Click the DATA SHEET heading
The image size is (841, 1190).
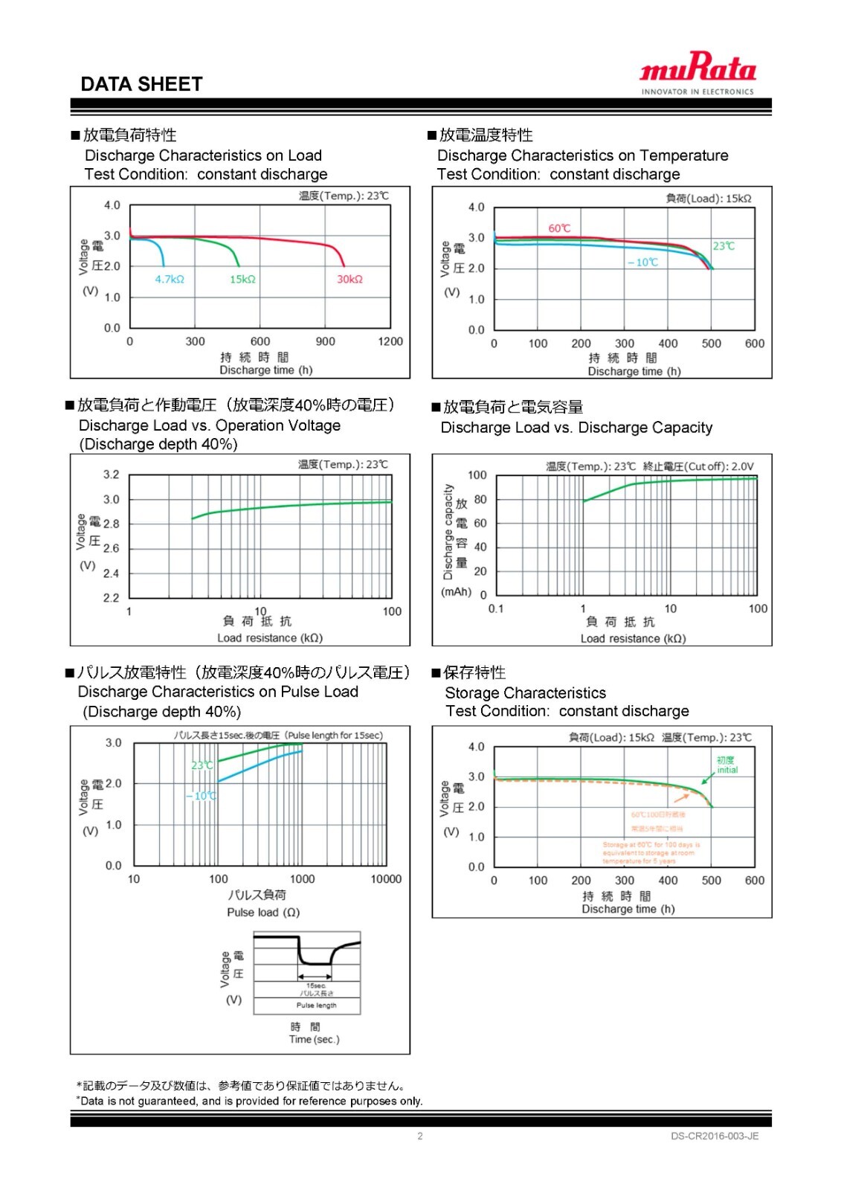pos(141,84)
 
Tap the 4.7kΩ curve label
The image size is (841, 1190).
pos(170,280)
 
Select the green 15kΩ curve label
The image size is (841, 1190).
pos(242,280)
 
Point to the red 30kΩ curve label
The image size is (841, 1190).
pos(349,280)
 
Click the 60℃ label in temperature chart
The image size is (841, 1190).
pos(559,228)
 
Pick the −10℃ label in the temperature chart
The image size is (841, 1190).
pos(642,263)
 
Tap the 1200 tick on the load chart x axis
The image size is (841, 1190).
pos(390,341)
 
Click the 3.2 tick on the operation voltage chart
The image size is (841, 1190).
pos(111,475)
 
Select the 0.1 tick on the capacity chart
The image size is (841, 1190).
pos(496,608)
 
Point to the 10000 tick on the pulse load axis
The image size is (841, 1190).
pos(386,879)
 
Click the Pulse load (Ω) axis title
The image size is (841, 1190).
pos(263,913)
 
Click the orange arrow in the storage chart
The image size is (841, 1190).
pos(681,797)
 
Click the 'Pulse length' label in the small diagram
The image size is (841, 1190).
pos(316,1006)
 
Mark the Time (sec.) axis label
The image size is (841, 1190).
pos(314,1040)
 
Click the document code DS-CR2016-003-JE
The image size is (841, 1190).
pos(715,1136)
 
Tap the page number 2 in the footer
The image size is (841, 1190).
pos(420,1136)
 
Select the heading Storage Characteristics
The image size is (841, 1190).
pos(525,693)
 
